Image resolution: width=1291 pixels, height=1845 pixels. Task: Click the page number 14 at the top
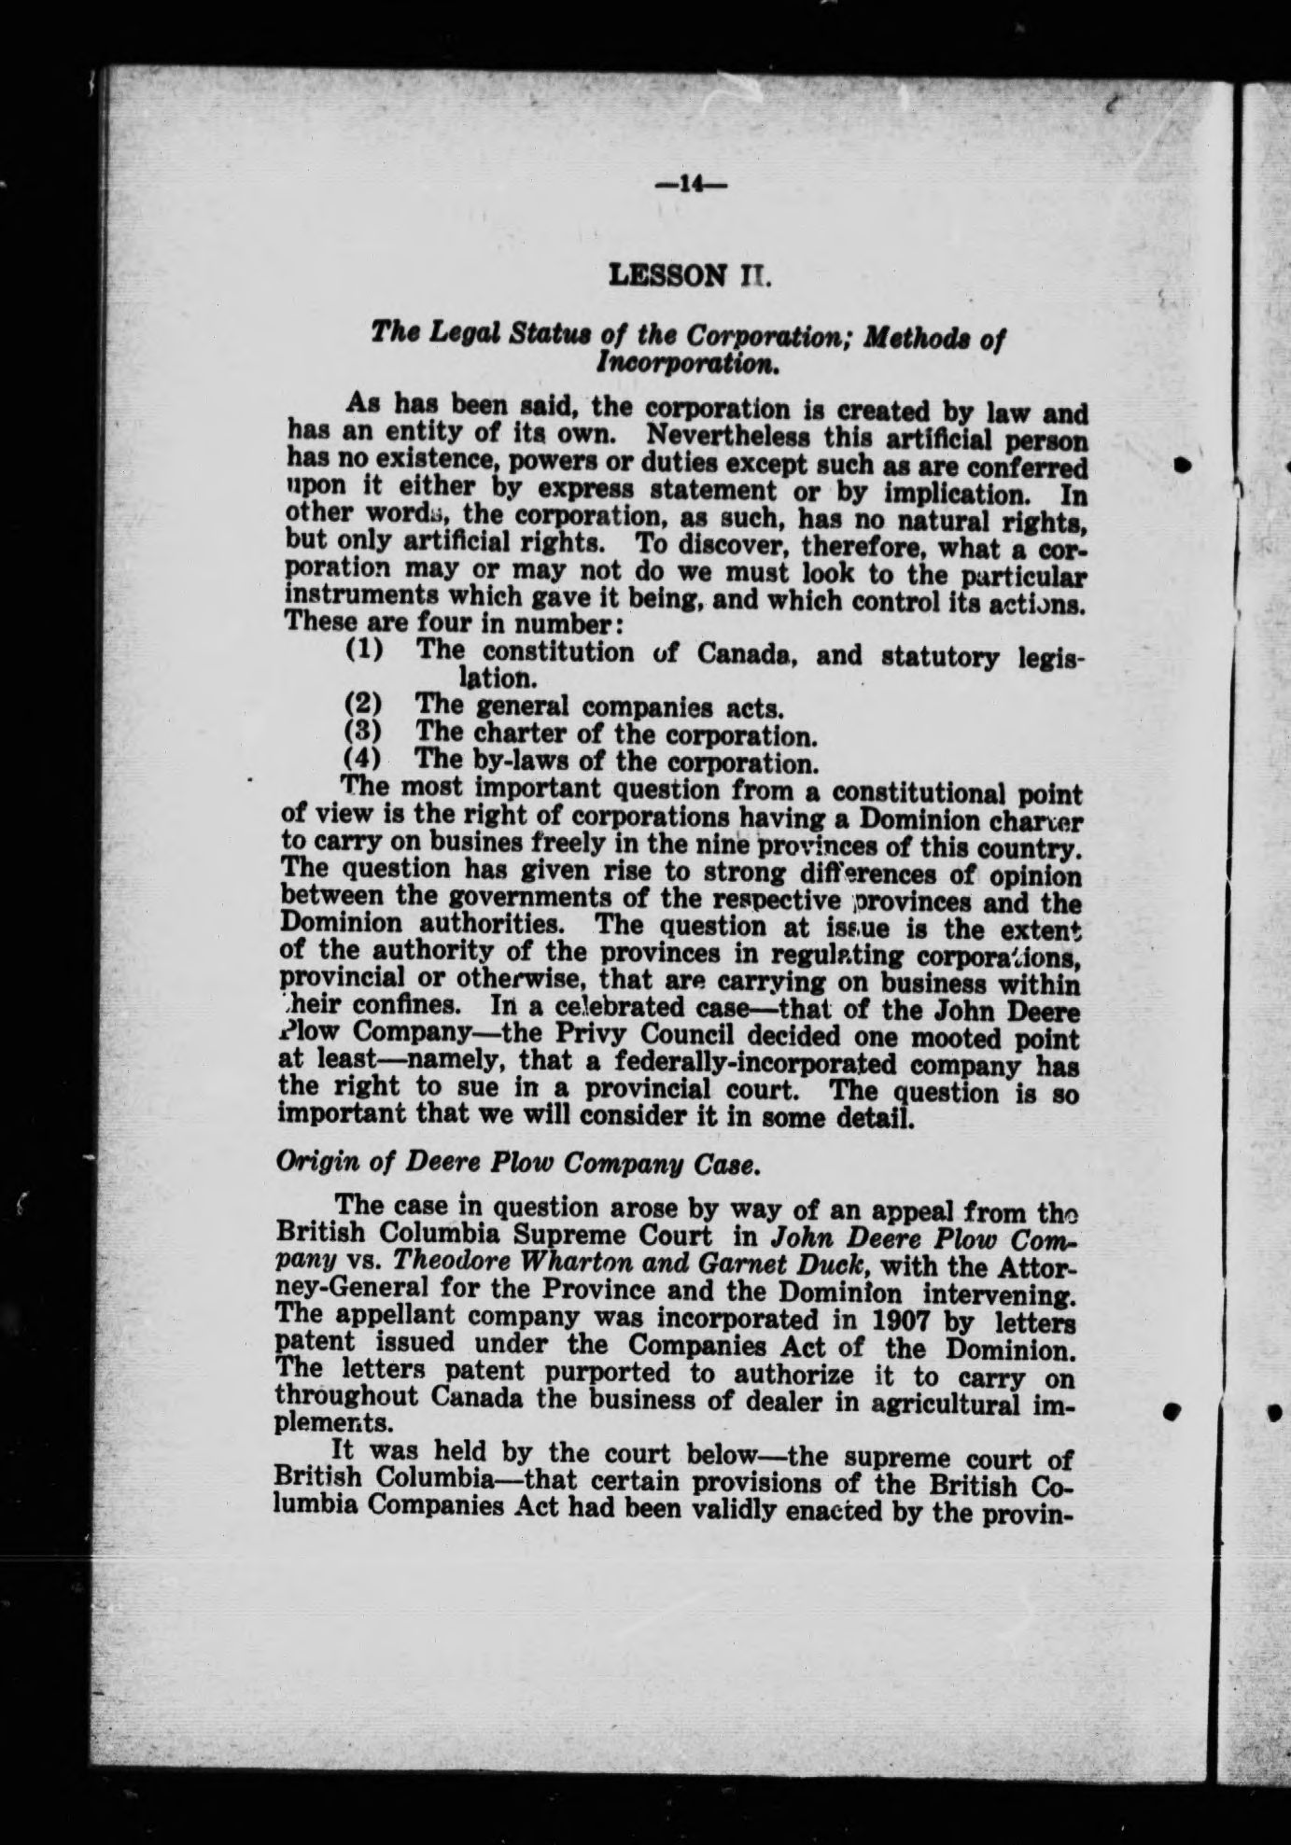[x=692, y=185]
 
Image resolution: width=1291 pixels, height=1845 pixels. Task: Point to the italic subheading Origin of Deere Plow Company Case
[x=523, y=1163]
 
